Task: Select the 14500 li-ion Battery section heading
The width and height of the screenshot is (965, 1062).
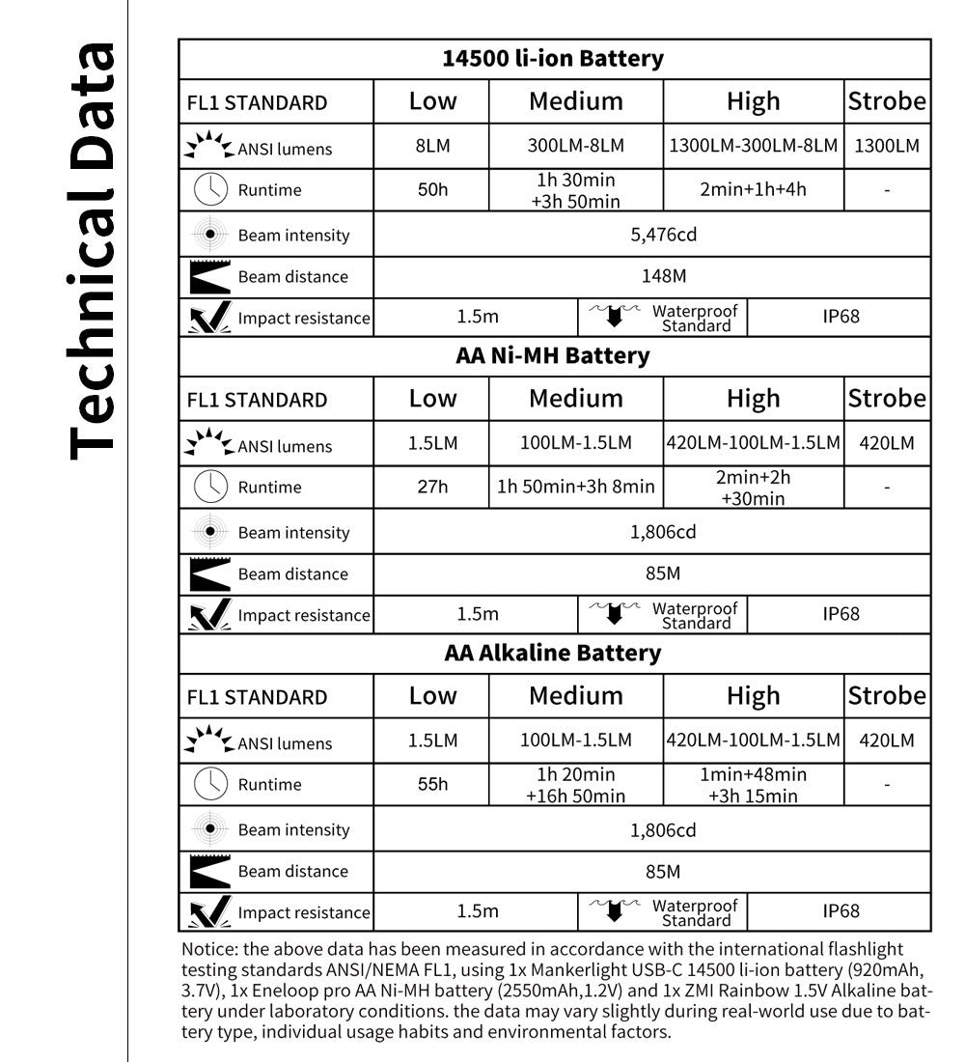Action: [x=553, y=58]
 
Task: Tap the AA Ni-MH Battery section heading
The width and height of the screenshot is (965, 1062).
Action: [x=553, y=355]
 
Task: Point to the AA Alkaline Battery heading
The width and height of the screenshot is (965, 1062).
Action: [x=553, y=653]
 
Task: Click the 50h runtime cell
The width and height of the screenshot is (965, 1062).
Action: [x=432, y=189]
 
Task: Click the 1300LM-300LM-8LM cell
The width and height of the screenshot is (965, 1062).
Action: [x=753, y=146]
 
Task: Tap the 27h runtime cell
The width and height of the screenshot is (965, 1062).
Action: [x=432, y=487]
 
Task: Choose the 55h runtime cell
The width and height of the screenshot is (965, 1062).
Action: [x=432, y=784]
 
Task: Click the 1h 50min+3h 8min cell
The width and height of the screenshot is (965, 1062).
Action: [x=576, y=487]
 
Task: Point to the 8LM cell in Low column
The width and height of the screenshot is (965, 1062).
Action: [x=432, y=146]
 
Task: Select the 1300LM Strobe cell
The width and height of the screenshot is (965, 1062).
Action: [x=886, y=146]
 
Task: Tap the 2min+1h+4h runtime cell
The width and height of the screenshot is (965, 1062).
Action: [x=753, y=189]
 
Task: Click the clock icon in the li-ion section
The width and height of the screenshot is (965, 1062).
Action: [x=210, y=189]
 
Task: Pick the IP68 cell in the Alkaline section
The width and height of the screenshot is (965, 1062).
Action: [x=841, y=910]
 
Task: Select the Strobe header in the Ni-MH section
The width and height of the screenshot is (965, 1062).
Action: [x=886, y=398]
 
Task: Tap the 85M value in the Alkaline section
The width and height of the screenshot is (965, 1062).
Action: [x=663, y=871]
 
